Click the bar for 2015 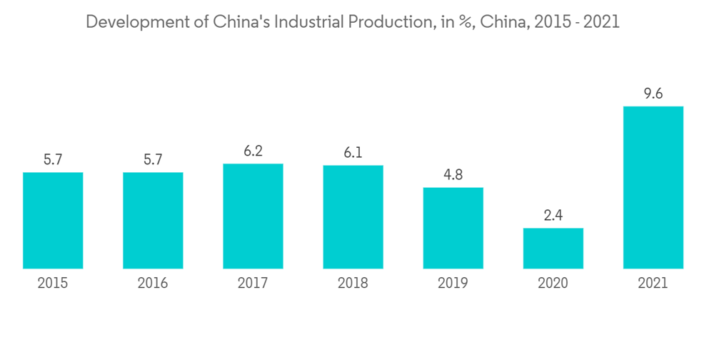pos(53,220)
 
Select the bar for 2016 pos(153,220)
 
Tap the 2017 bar pos(253,216)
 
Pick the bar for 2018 pos(353,216)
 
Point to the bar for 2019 pos(453,228)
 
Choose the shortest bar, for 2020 pos(553,248)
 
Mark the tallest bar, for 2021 pos(653,187)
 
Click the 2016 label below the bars pos(153,284)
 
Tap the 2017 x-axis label pos(253,284)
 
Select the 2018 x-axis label pos(353,284)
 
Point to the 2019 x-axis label pos(453,284)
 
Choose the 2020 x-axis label pos(553,284)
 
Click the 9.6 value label pos(653,94)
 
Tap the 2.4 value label pos(553,215)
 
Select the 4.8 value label pos(453,174)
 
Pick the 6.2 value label pos(253,151)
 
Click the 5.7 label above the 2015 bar pos(53,159)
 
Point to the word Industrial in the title pos(311,22)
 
